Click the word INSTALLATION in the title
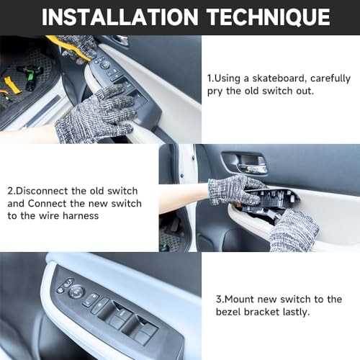point(120,17)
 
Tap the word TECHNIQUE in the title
point(269,17)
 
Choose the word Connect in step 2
point(47,204)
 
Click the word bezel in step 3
point(228,312)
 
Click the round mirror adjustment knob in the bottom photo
point(77,291)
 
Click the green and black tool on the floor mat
point(31,77)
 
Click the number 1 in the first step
point(210,78)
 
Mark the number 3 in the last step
point(219,300)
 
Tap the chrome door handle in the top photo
point(121,40)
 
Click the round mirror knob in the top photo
point(105,66)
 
